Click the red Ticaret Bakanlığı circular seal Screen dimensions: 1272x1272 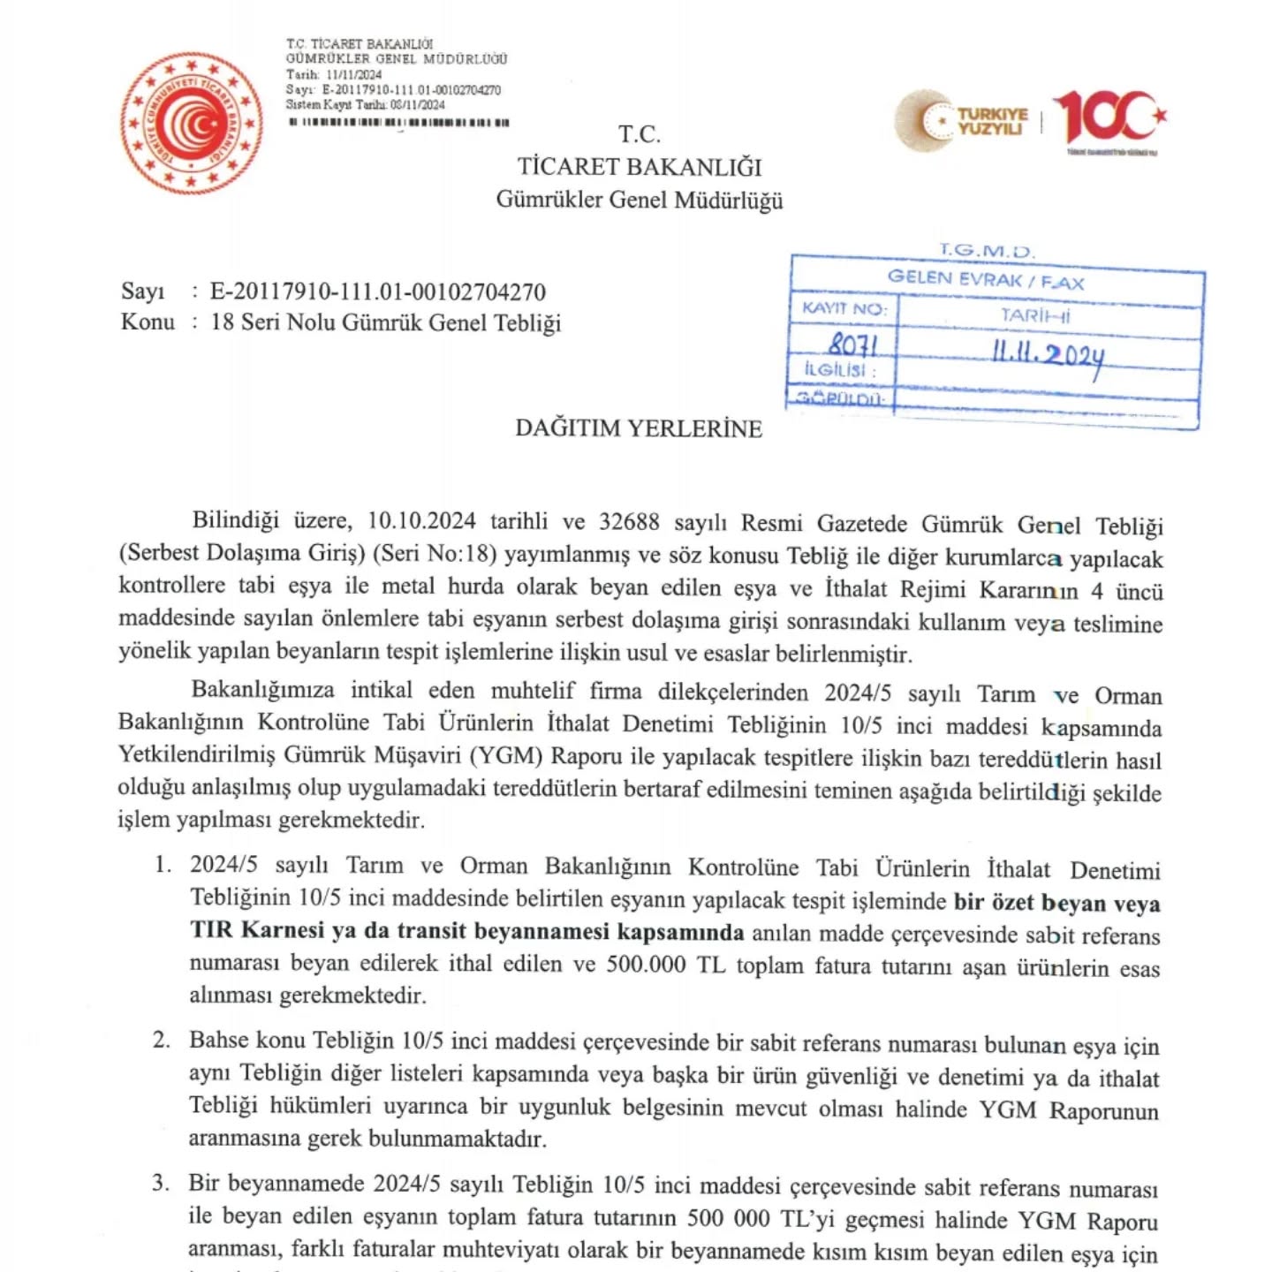192,123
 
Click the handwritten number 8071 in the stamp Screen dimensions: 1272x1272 852,344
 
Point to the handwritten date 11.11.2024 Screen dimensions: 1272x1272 1048,354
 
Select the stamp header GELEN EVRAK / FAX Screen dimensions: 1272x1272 986,280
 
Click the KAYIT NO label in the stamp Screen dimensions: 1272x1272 843,308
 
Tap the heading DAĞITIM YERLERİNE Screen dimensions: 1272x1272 639,429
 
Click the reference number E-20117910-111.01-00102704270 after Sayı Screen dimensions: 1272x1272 378,291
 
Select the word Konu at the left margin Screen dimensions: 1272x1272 148,322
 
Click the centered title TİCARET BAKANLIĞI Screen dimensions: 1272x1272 640,167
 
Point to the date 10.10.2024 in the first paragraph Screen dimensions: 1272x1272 421,521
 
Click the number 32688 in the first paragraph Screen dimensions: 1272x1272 629,522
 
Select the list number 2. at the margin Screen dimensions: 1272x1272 162,1040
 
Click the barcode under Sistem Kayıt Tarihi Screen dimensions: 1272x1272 399,123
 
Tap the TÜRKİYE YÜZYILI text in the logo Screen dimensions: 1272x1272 993,121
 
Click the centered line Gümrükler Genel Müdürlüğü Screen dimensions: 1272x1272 640,200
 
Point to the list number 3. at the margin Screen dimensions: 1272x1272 161,1183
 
